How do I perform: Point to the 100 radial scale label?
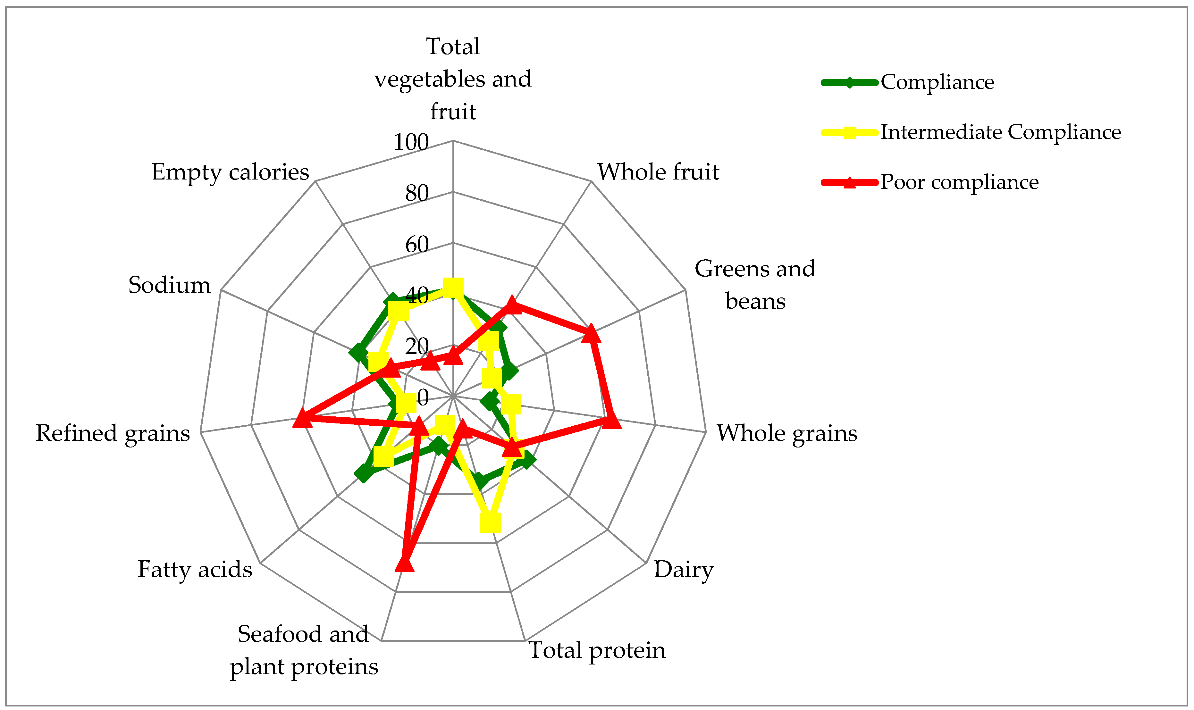[411, 142]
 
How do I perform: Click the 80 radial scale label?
[416, 193]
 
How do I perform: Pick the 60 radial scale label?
[416, 245]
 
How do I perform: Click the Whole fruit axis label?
[658, 172]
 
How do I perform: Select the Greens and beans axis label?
[755, 285]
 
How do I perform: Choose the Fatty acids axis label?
[195, 569]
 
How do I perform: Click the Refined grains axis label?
[113, 433]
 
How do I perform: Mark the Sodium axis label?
[169, 285]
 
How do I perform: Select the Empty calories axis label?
[230, 172]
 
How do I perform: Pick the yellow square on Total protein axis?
[490, 523]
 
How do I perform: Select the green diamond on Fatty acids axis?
[364, 474]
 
